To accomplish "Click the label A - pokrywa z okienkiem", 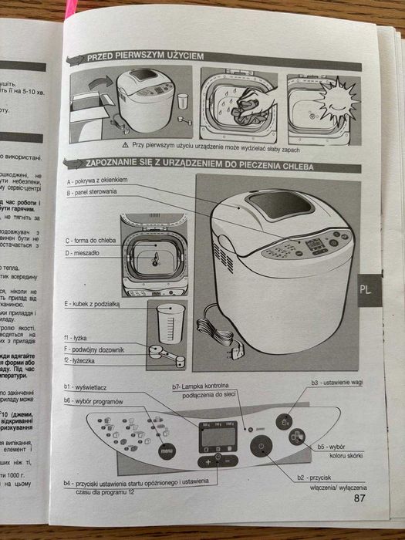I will click(96, 180).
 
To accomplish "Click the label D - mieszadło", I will click(84, 252).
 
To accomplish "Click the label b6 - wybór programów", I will click(95, 400).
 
